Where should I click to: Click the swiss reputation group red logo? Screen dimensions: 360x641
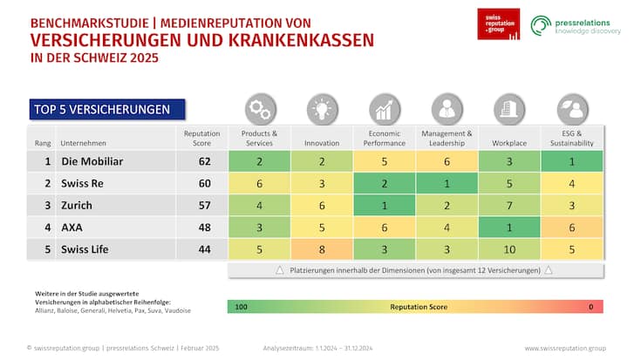click(498, 24)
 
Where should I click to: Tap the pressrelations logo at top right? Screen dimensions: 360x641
click(576, 25)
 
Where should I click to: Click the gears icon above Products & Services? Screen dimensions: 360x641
click(259, 108)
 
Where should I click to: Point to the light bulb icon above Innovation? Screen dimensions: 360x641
click(322, 108)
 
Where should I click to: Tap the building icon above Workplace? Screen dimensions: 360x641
click(509, 108)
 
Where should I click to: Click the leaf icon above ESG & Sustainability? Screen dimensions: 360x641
click(572, 108)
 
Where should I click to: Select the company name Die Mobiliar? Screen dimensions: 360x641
click(92, 161)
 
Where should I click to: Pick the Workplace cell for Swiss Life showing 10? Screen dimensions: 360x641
click(509, 248)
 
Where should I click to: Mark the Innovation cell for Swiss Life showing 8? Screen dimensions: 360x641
click(322, 248)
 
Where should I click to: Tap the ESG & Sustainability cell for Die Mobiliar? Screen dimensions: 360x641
click(572, 161)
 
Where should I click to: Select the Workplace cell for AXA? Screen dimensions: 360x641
click(509, 227)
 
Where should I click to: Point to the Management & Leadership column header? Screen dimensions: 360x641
click(447, 138)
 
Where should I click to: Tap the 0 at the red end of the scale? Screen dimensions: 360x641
click(591, 307)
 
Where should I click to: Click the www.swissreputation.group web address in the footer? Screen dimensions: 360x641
click(564, 348)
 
